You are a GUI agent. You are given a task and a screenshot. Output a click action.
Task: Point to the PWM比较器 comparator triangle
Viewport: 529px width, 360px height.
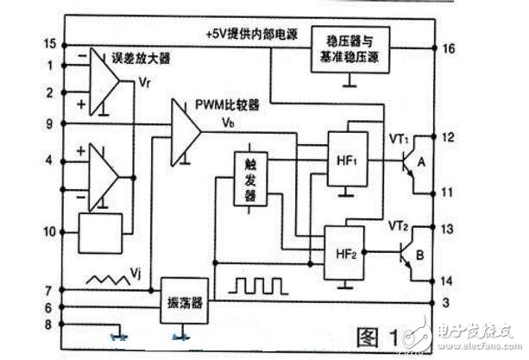(185, 130)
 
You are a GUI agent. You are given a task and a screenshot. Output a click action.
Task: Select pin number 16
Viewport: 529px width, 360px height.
(450, 48)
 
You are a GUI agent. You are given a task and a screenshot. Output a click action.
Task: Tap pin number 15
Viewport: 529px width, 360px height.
(49, 44)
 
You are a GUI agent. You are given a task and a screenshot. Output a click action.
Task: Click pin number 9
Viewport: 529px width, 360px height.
(49, 123)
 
